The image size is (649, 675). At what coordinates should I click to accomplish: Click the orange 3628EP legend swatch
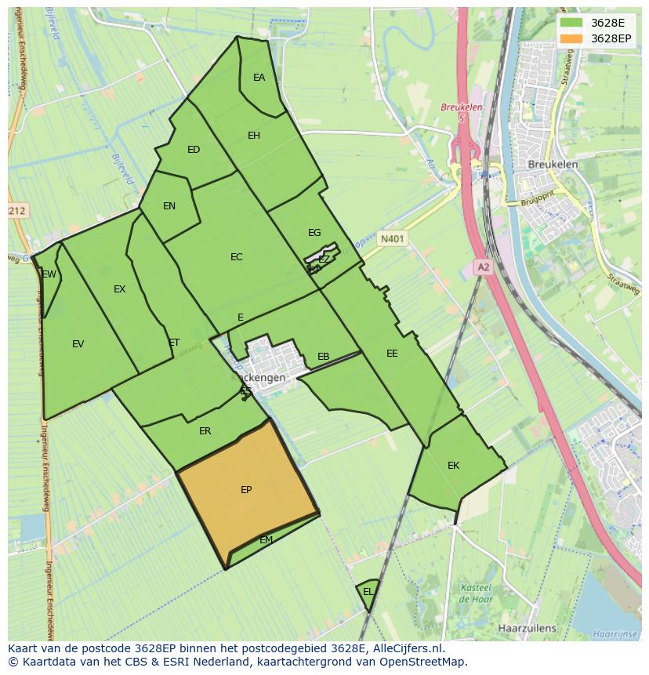tap(571, 38)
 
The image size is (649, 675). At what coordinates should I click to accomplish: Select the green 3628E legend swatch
tap(571, 23)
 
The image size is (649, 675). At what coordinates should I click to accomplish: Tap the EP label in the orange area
tap(246, 490)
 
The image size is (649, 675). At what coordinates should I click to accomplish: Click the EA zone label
tap(259, 78)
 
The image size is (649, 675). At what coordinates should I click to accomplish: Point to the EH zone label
tap(254, 136)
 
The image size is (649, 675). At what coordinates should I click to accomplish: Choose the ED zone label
tap(194, 150)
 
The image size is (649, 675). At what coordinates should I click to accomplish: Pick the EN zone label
tap(169, 206)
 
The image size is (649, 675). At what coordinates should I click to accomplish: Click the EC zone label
tap(237, 257)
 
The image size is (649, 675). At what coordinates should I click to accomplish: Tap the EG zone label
tap(314, 233)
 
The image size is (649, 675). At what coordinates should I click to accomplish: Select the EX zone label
tap(119, 289)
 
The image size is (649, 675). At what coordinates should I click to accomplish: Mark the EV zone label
tap(78, 344)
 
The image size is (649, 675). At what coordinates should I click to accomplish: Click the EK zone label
tap(453, 466)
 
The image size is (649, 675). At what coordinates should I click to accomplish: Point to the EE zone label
tap(392, 354)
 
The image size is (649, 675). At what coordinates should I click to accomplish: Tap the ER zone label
tap(205, 431)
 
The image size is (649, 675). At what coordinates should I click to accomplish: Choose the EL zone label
tap(368, 591)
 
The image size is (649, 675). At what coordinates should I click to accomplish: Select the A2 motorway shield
tap(483, 267)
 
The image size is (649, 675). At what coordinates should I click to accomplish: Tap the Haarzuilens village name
tap(527, 628)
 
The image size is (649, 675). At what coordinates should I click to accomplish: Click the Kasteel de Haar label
tap(475, 593)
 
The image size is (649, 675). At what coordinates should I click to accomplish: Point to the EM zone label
tap(266, 540)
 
